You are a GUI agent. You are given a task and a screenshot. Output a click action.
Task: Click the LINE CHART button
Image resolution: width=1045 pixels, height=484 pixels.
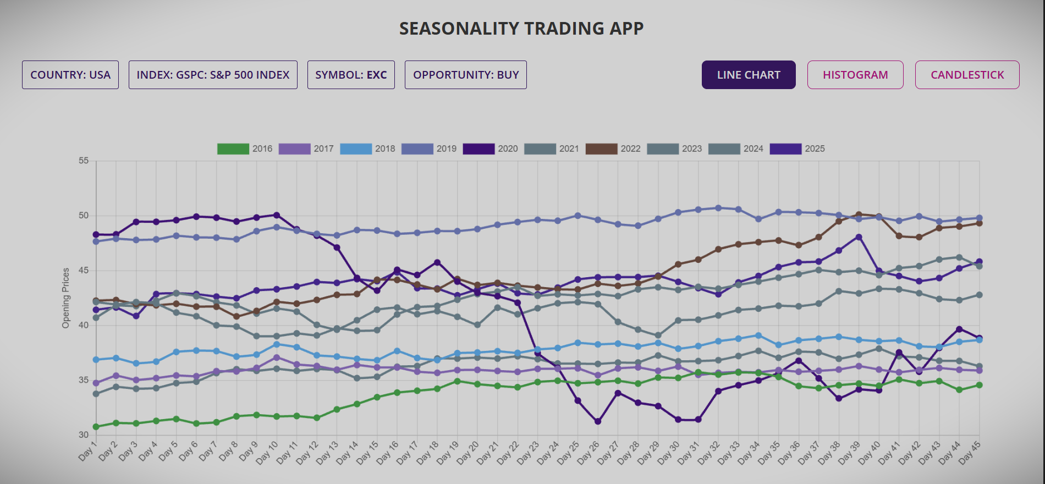pyautogui.click(x=749, y=75)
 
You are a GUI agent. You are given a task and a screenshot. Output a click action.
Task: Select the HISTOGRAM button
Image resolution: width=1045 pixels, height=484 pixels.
pyautogui.click(x=855, y=75)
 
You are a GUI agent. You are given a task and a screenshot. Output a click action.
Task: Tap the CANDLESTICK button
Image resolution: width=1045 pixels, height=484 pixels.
pyautogui.click(x=967, y=75)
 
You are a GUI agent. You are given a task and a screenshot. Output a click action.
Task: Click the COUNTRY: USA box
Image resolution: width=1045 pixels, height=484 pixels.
pyautogui.click(x=70, y=75)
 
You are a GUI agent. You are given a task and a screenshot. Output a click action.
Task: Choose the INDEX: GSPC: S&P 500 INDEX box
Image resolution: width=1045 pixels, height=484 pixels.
pyautogui.click(x=213, y=75)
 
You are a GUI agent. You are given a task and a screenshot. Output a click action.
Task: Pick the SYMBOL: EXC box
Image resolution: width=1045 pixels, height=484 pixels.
pyautogui.click(x=351, y=75)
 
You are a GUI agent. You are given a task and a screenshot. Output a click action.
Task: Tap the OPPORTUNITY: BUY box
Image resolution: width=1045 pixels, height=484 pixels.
pyautogui.click(x=466, y=75)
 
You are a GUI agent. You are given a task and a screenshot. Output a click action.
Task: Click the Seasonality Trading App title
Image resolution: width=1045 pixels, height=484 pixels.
pyautogui.click(x=521, y=29)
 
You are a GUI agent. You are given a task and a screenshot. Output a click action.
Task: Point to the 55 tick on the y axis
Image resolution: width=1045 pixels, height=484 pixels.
pyautogui.click(x=84, y=161)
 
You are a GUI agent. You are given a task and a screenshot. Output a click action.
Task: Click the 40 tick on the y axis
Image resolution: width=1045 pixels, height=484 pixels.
pyautogui.click(x=84, y=325)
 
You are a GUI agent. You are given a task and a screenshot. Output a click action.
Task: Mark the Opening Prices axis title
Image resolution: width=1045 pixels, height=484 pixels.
pyautogui.click(x=66, y=298)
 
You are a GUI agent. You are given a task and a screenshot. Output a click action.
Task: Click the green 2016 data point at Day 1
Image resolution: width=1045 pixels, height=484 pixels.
pyautogui.click(x=96, y=427)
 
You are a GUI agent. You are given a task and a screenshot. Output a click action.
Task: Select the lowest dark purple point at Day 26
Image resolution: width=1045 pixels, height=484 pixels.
pyautogui.click(x=598, y=421)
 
